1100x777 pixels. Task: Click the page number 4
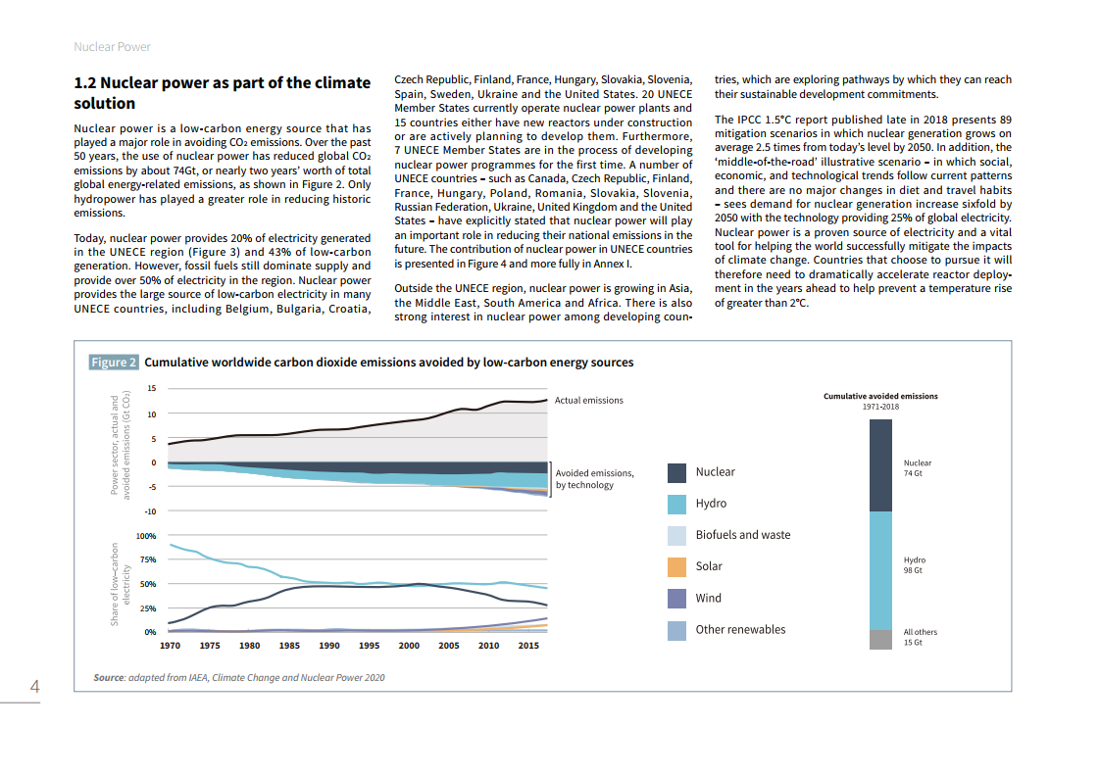pos(34,687)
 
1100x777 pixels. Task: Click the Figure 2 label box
pos(114,363)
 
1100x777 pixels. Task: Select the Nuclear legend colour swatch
pos(676,472)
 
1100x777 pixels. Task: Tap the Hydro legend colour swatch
pos(676,504)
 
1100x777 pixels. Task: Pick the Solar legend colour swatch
pos(676,566)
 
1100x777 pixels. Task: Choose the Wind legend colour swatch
pos(676,598)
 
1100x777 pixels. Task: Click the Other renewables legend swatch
pos(676,630)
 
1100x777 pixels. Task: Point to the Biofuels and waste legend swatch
pos(676,535)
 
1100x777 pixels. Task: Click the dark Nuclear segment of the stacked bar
pos(880,465)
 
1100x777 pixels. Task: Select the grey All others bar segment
pos(880,639)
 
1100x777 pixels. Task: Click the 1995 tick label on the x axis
pos(369,646)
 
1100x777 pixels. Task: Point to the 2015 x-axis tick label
pos(527,646)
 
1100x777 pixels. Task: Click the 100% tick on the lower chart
pos(146,536)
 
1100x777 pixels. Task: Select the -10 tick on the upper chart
pos(150,511)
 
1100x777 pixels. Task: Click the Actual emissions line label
pos(588,400)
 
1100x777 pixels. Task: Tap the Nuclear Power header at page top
pos(113,47)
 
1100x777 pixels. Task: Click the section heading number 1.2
pos(84,83)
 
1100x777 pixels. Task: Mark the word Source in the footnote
pos(108,677)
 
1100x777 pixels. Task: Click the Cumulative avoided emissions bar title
pos(880,396)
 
